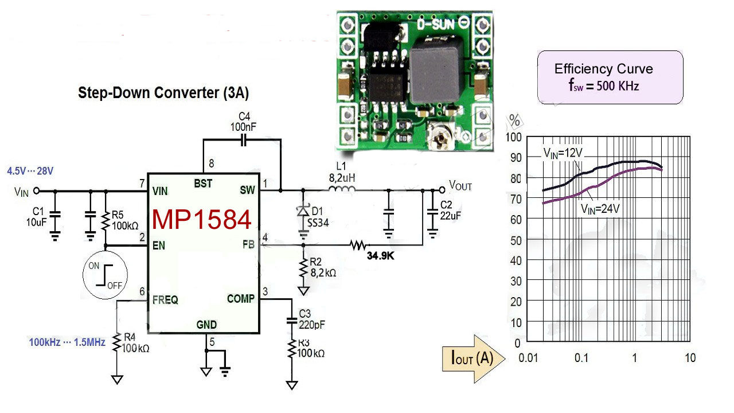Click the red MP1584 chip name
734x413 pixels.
(x=201, y=220)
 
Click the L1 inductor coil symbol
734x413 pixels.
(x=343, y=190)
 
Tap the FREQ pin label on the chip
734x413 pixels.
(x=165, y=299)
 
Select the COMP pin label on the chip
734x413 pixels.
(x=240, y=299)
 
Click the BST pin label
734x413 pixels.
(x=203, y=184)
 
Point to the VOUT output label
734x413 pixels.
(x=460, y=185)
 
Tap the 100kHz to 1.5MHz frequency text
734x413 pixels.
(x=67, y=342)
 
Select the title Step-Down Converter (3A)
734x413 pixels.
(x=163, y=93)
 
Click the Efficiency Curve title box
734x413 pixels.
(x=610, y=77)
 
